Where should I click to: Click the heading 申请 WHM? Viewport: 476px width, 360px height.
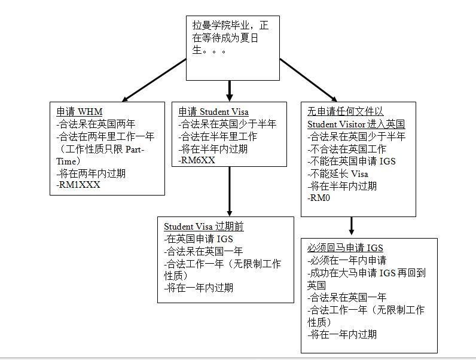click(x=80, y=112)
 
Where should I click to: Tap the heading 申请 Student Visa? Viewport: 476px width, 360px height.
click(x=213, y=112)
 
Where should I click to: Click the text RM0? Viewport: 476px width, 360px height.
click(x=319, y=198)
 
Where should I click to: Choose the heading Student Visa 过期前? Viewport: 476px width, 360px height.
click(x=204, y=227)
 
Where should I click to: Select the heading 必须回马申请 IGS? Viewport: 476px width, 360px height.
click(x=345, y=248)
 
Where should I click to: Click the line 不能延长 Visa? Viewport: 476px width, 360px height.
click(x=338, y=173)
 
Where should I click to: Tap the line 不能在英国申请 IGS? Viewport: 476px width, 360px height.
click(x=352, y=161)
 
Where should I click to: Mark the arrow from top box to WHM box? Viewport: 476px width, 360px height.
click(x=155, y=80)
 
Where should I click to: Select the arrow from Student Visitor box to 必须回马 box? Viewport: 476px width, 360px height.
click(x=352, y=226)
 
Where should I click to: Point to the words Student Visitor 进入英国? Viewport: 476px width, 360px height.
click(x=356, y=124)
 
